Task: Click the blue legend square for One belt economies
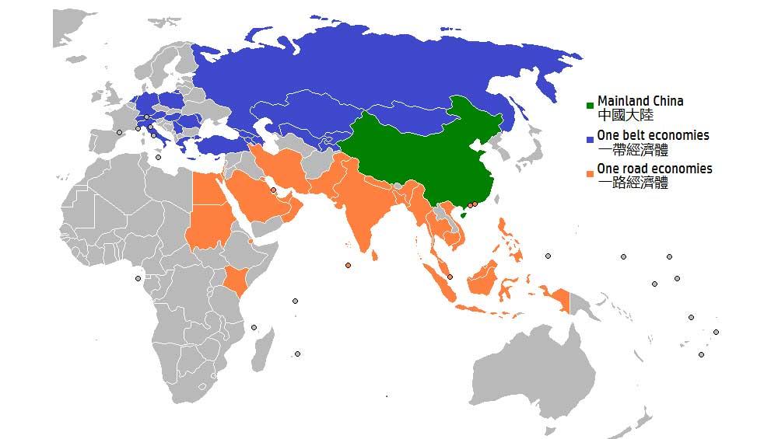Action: click(591, 138)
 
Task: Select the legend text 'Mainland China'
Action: click(640, 101)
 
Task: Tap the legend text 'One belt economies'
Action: click(653, 135)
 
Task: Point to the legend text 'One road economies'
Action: click(654, 169)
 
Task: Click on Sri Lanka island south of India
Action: click(375, 253)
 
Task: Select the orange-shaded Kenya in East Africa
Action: click(237, 279)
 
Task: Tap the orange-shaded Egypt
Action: click(206, 189)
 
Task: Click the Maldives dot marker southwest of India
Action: click(348, 266)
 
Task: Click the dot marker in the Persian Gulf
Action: click(273, 190)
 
